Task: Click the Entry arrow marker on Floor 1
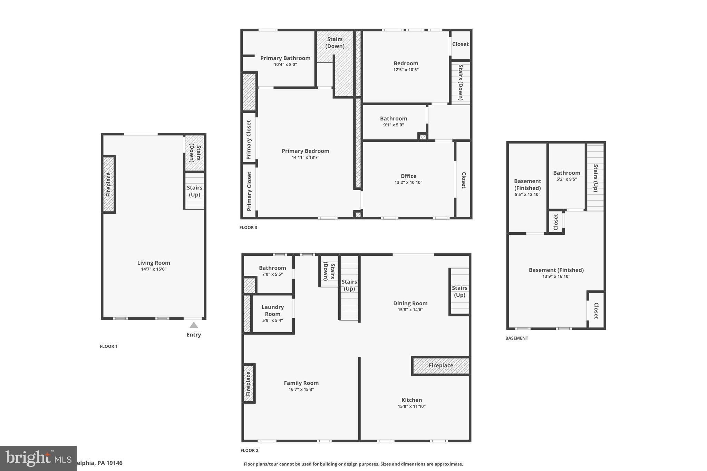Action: point(194,325)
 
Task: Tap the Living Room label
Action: point(154,263)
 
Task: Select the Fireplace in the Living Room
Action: point(108,184)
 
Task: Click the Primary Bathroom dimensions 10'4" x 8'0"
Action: point(285,65)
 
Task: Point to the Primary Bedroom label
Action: point(305,151)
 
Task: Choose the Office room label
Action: point(408,176)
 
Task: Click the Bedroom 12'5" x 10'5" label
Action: point(406,63)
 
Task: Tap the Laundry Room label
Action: point(272,310)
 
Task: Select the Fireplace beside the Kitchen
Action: point(441,365)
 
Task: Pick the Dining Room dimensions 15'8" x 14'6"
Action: point(410,310)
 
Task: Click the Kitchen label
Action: point(411,400)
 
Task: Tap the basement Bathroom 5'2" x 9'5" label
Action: point(566,173)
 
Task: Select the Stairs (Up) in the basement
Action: point(596,178)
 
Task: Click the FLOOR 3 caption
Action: point(248,227)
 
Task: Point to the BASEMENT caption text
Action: point(516,338)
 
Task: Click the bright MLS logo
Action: point(38,458)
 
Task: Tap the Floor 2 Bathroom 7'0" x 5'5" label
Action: point(272,268)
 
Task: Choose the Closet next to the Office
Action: point(463,180)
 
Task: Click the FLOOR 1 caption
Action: point(109,346)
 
